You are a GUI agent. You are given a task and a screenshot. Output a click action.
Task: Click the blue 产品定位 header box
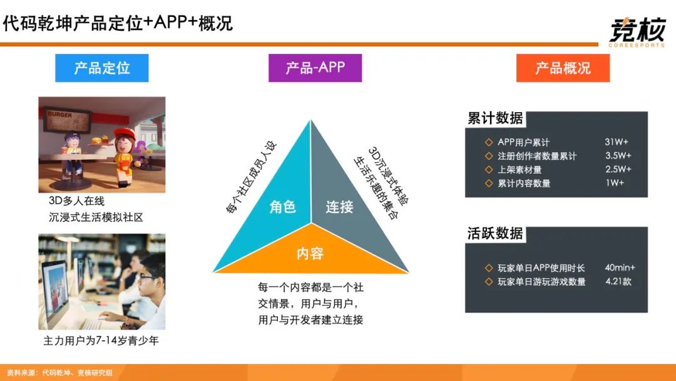coord(102,68)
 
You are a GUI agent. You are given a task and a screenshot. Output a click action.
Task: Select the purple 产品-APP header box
coord(315,68)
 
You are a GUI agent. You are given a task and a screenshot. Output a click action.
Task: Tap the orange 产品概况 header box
coord(563,68)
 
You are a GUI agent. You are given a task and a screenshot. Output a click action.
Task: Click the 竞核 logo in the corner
coord(637,31)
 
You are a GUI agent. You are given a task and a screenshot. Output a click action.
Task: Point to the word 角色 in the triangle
coord(282,207)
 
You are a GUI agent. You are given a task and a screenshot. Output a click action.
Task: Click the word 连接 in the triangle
coord(339,207)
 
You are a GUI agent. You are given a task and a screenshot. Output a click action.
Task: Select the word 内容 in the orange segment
coord(310,253)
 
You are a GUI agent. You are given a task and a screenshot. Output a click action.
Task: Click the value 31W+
coord(617,142)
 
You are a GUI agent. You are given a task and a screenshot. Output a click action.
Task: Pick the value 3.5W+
coord(618,156)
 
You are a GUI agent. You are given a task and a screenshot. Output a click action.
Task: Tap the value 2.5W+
coord(618,169)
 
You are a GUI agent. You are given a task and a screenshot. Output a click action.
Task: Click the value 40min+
coord(620,268)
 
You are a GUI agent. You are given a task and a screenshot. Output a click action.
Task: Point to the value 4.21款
coord(618,281)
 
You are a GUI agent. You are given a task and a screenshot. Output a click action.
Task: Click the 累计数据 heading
coord(495,118)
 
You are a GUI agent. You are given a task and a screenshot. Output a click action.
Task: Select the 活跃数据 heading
coord(495,233)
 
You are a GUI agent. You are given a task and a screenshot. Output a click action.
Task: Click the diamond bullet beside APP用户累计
coord(489,142)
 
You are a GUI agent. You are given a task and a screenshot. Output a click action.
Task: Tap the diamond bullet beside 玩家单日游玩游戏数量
coord(489,282)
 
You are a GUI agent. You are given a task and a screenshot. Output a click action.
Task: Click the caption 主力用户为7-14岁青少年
coord(101,341)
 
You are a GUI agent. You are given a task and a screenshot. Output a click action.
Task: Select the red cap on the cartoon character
coord(125,132)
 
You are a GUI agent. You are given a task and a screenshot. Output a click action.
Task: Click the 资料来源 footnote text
coord(60,373)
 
